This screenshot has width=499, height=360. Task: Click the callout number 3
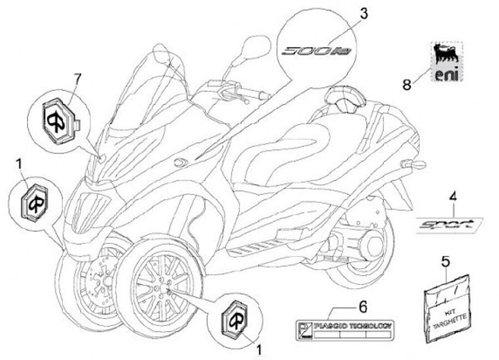[364, 13]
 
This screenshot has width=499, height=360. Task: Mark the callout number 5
[445, 262]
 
